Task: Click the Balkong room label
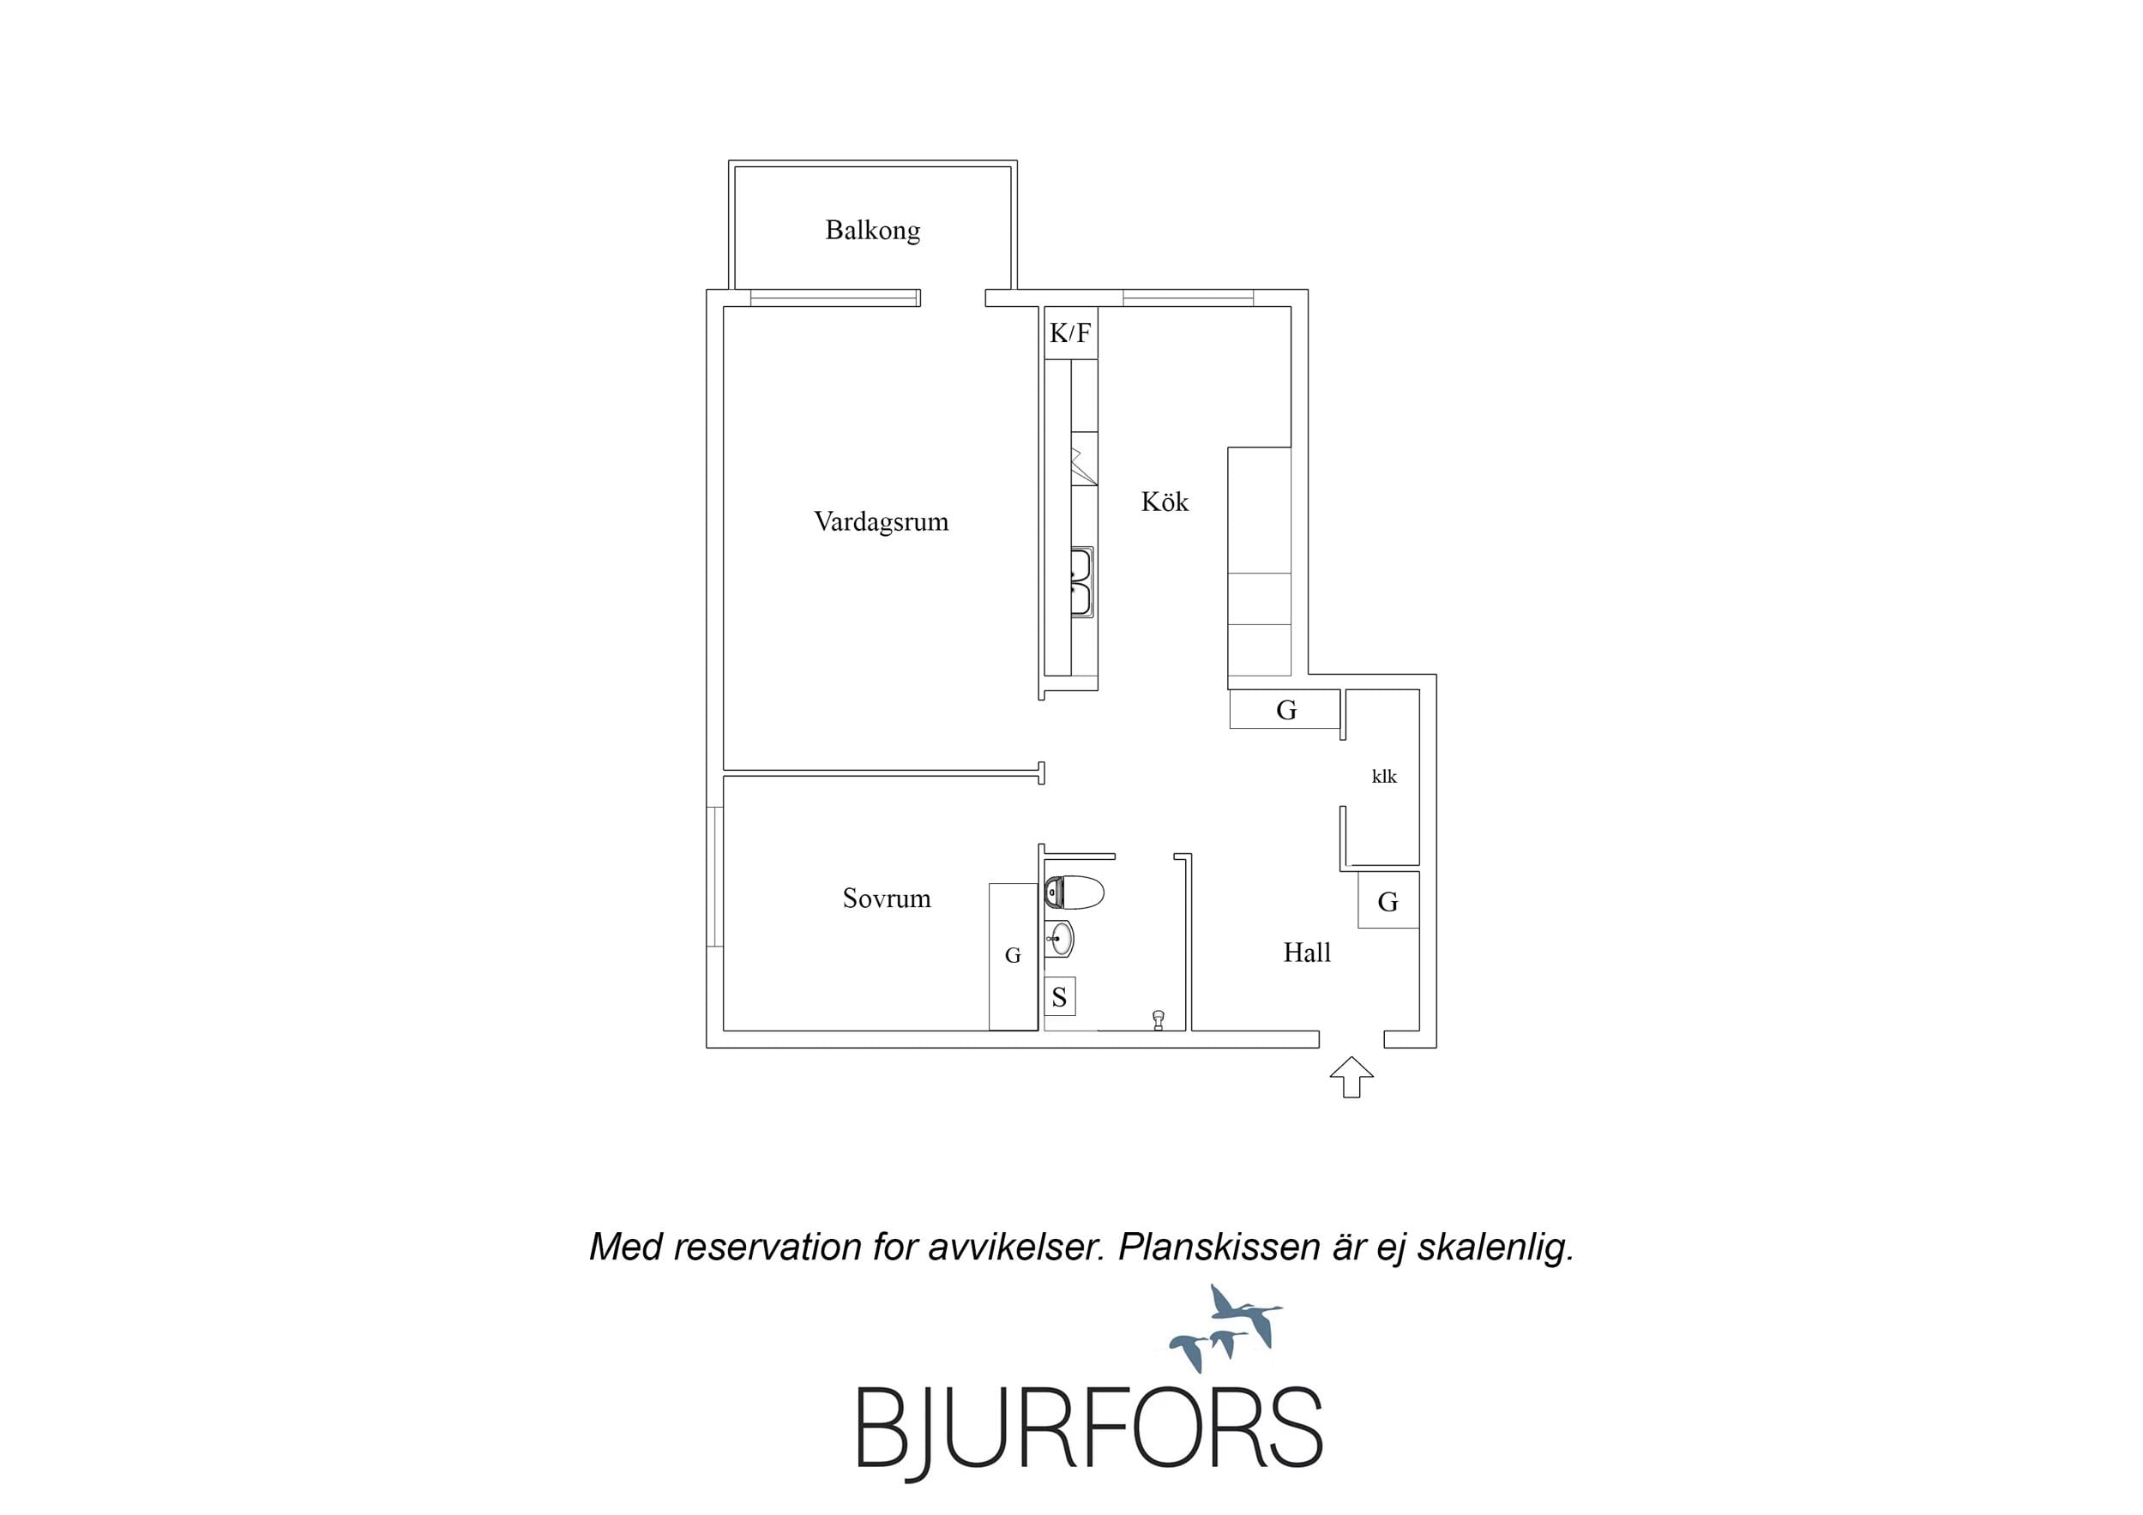pos(873,231)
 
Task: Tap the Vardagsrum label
pos(881,522)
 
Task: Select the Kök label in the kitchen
pos(1165,502)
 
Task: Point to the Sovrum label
pos(887,898)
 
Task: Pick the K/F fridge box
pos(1070,334)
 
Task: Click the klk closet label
pos(1384,777)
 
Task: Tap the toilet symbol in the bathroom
pos(1075,893)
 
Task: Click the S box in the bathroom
pos(1059,997)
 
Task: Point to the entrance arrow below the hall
pos(1351,1076)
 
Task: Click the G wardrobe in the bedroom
pos(1014,957)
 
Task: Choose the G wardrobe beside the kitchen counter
pos(1285,709)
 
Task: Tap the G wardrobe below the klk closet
pos(1388,901)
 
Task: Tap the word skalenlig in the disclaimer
pos(1496,1248)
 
